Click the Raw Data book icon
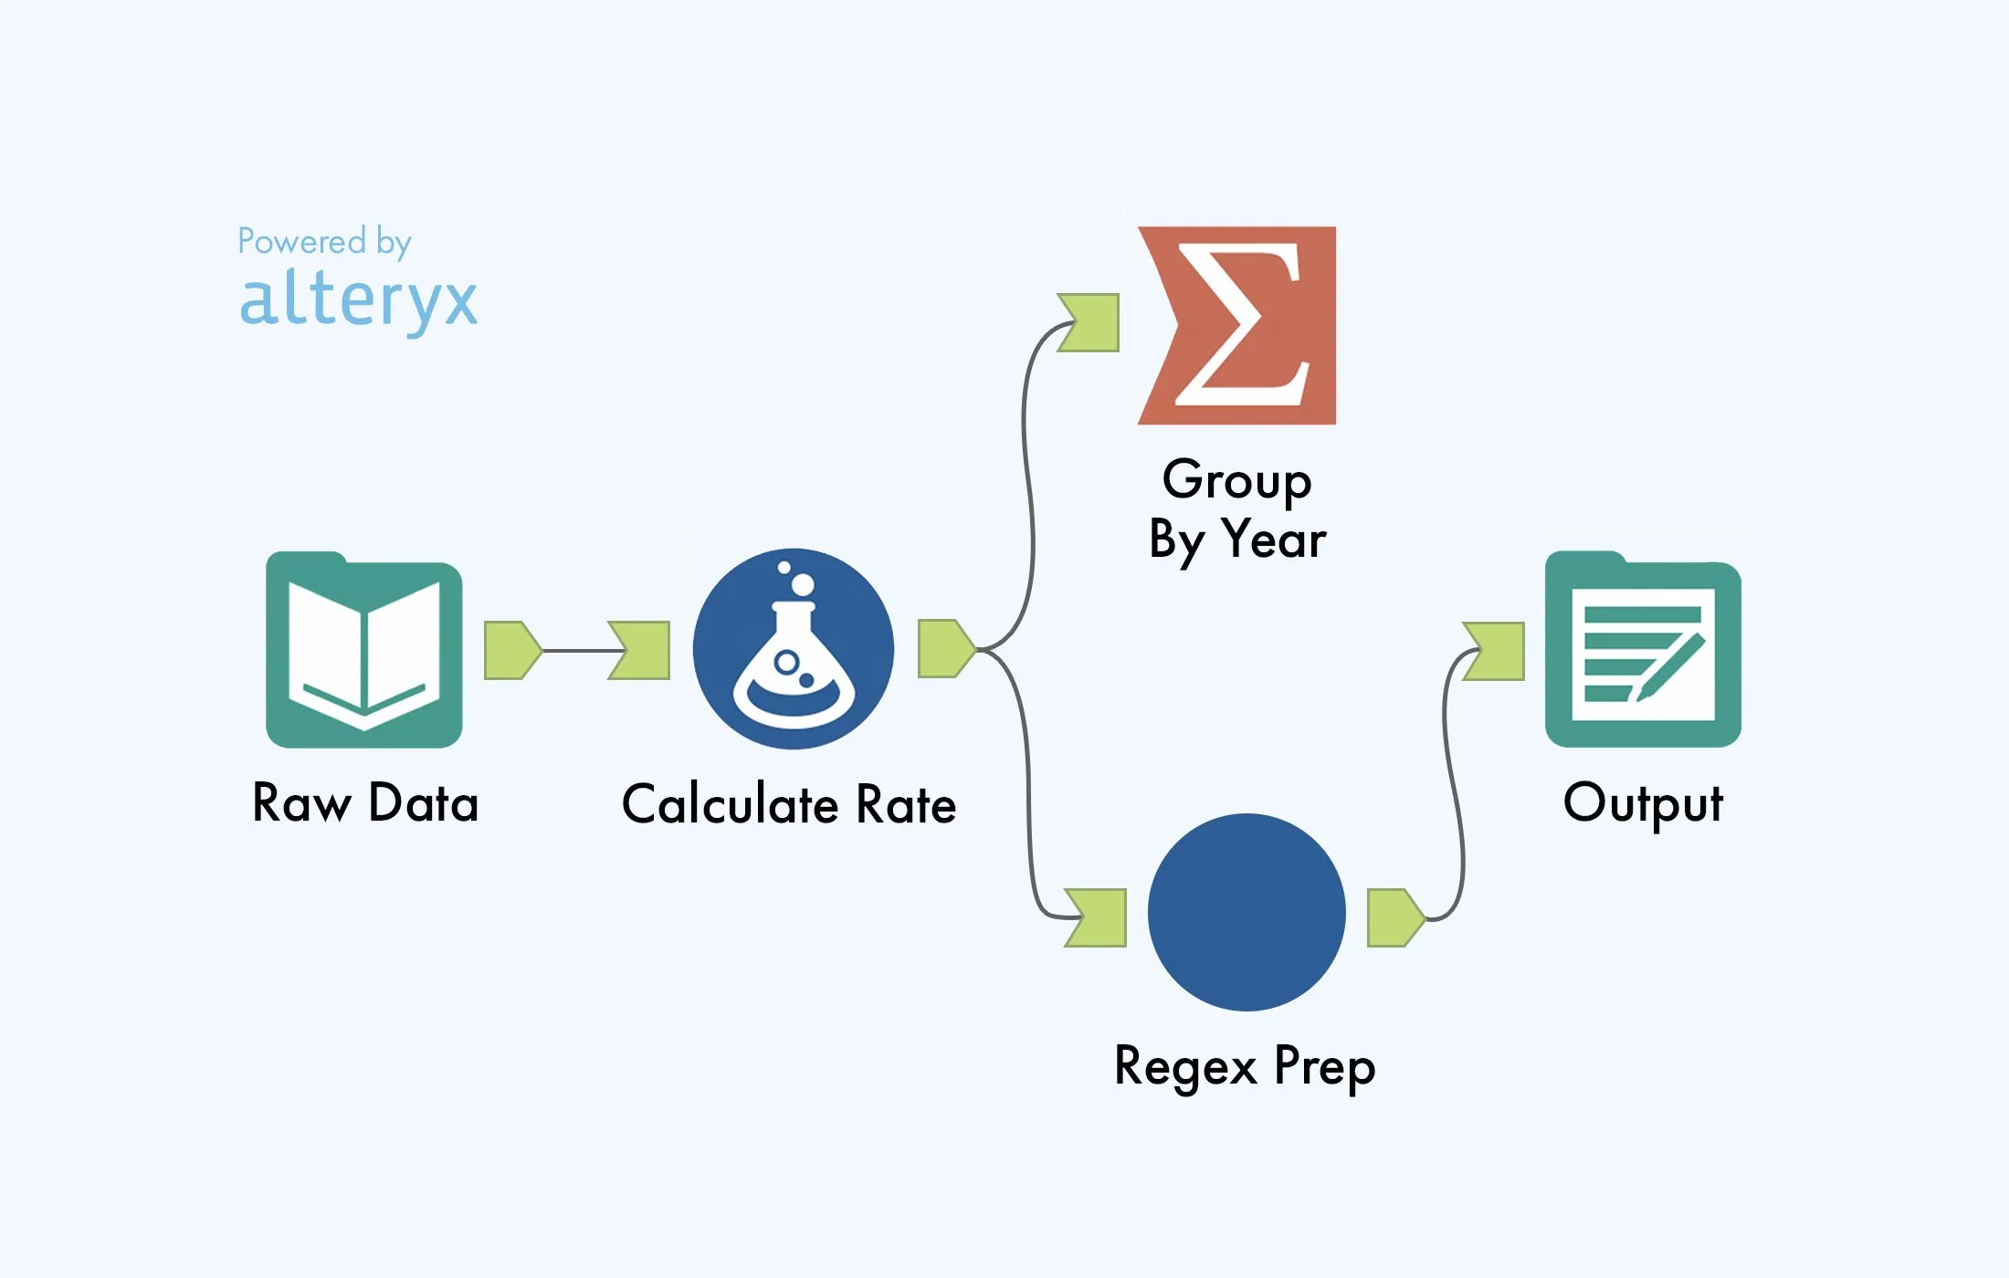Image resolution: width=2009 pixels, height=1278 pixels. point(363,650)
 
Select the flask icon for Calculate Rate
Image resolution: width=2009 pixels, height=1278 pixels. point(793,649)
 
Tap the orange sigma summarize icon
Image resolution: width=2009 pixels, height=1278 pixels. point(1236,326)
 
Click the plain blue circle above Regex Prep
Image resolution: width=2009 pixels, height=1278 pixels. point(1246,912)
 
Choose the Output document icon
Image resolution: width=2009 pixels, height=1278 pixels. point(1643,650)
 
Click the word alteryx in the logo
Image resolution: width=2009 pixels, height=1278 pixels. point(358,299)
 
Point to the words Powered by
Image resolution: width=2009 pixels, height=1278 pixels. point(324,242)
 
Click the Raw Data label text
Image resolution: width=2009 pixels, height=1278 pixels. point(365,803)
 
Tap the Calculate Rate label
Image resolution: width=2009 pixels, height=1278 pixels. point(789,805)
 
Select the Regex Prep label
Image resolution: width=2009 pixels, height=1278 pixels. point(1245,1066)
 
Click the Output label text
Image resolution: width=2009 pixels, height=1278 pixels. point(1643,803)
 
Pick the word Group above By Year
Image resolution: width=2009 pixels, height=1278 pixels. point(1236,479)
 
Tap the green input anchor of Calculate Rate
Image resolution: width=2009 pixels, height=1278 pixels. point(641,650)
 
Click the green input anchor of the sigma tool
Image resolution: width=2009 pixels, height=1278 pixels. point(1090,322)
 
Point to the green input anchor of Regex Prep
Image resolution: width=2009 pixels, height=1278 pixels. point(1098,917)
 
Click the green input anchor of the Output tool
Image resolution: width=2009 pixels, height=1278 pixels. point(1496,651)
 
